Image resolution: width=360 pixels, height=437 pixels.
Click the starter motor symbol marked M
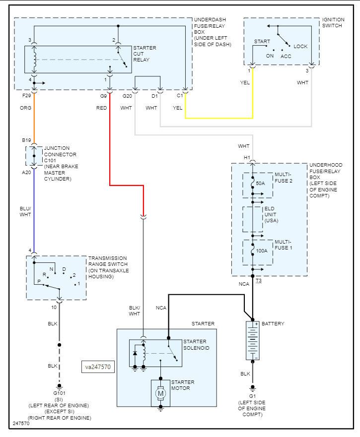pyautogui.click(x=160, y=393)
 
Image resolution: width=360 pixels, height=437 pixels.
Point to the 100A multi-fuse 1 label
pyautogui.click(x=262, y=251)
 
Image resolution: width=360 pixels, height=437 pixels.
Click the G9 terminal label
pyautogui.click(x=103, y=95)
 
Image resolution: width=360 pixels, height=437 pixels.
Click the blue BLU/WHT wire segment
pyautogui.click(x=34, y=208)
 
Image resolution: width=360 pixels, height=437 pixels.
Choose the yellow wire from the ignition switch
pyautogui.click(x=218, y=118)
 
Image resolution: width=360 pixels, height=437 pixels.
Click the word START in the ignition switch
pyautogui.click(x=262, y=41)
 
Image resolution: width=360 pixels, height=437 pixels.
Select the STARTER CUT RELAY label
pyautogui.click(x=145, y=54)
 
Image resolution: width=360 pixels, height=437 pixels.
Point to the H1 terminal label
pyautogui.click(x=246, y=158)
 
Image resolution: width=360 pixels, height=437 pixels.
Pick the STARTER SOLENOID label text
pyautogui.click(x=196, y=345)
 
